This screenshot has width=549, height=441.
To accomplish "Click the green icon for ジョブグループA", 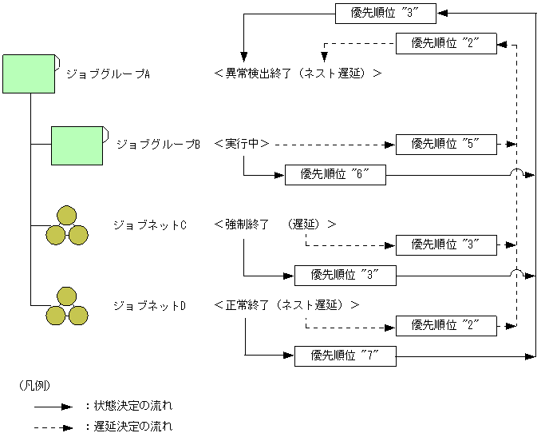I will (29, 73).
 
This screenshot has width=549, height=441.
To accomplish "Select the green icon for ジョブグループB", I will (77, 145).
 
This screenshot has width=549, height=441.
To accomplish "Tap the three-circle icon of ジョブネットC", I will (66, 226).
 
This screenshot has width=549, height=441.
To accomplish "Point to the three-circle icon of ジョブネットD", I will (66, 307).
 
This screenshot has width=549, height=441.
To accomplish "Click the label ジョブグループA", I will (108, 73).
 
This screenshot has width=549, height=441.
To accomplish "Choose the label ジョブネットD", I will (149, 305).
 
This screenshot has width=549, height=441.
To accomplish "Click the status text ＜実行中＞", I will (242, 144).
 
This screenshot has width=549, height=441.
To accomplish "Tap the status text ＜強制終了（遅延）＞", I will (274, 224).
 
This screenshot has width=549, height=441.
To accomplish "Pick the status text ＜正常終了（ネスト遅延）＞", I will (286, 305).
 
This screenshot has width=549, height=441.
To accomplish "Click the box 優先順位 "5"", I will (446, 145).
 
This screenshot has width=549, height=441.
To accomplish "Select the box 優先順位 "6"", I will (335, 174).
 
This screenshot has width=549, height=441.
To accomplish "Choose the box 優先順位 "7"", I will (345, 356).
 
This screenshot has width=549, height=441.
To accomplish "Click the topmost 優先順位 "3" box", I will (385, 13).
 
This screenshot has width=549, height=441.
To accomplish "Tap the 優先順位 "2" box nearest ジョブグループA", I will (446, 43).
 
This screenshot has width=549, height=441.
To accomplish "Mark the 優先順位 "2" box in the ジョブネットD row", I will (446, 326).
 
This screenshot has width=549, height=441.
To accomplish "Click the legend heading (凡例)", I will (34, 385).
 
